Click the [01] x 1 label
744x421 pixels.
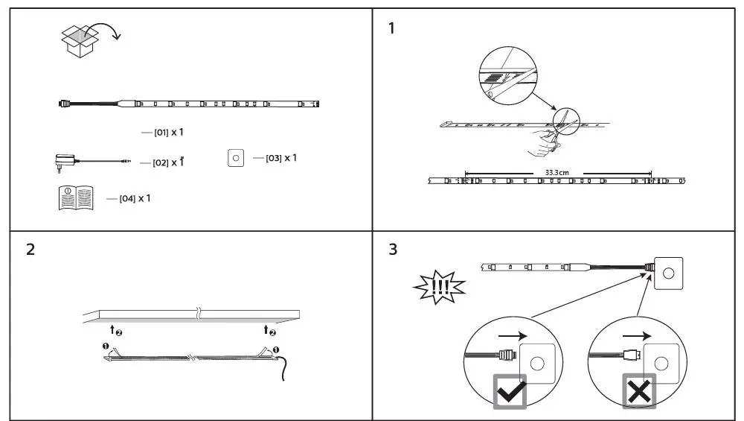[x=167, y=132]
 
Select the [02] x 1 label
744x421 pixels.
[x=167, y=162]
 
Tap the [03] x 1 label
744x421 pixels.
[x=280, y=158]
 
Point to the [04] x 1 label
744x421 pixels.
[x=135, y=198]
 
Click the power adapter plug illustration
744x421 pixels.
[x=66, y=160]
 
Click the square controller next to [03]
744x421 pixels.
[x=236, y=158]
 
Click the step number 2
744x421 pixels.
[x=30, y=249]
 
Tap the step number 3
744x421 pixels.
[x=392, y=249]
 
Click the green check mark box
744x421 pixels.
[x=510, y=391]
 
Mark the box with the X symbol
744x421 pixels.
[x=639, y=391]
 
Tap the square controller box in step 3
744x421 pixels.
[x=668, y=273]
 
